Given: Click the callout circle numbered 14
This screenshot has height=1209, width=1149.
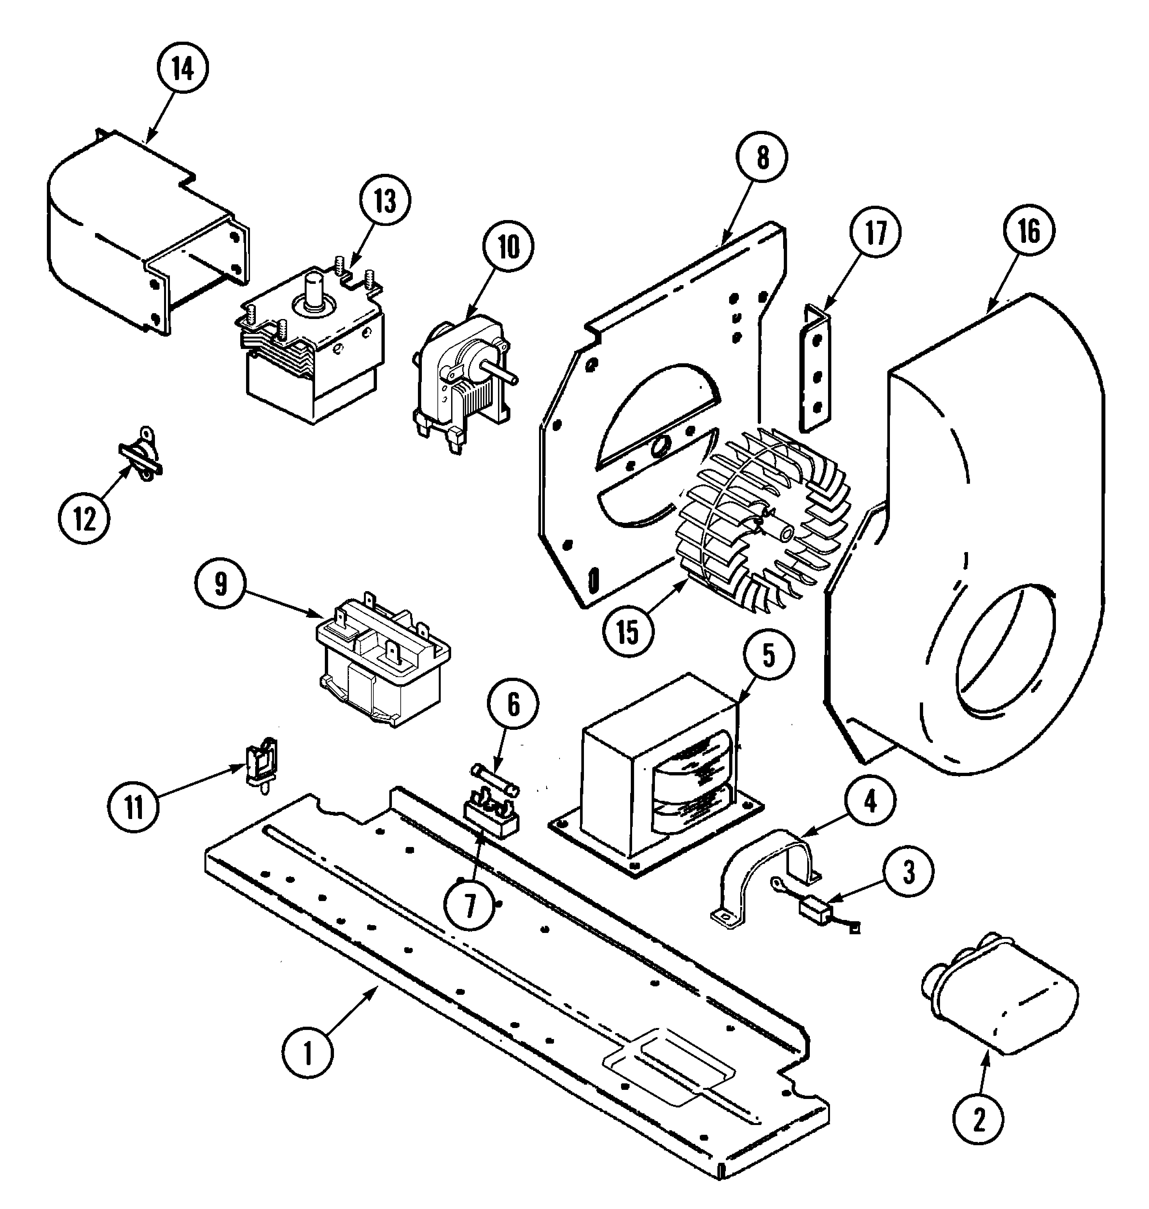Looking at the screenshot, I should (183, 69).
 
